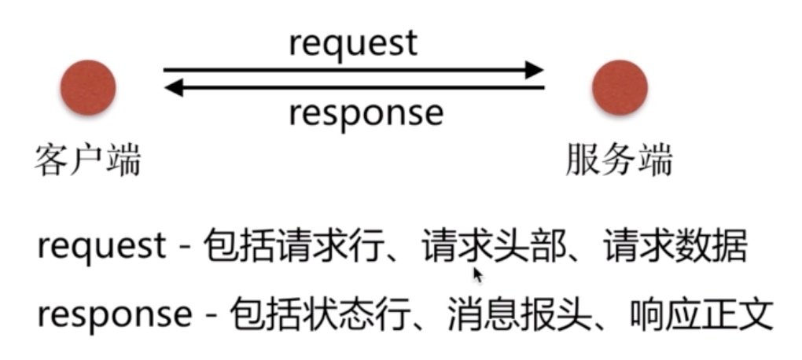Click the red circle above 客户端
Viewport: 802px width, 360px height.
(x=88, y=87)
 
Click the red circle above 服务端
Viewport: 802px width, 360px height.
(x=620, y=87)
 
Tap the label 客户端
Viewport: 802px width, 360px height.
(x=87, y=162)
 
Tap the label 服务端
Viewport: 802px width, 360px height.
(x=620, y=162)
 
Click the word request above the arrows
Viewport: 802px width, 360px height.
(x=353, y=44)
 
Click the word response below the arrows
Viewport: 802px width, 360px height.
(x=366, y=112)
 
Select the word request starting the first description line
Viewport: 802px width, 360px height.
(x=101, y=248)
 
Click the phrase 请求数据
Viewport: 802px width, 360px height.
(x=675, y=248)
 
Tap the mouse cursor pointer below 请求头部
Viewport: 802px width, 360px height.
(x=478, y=274)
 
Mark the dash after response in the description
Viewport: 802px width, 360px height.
(x=210, y=316)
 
